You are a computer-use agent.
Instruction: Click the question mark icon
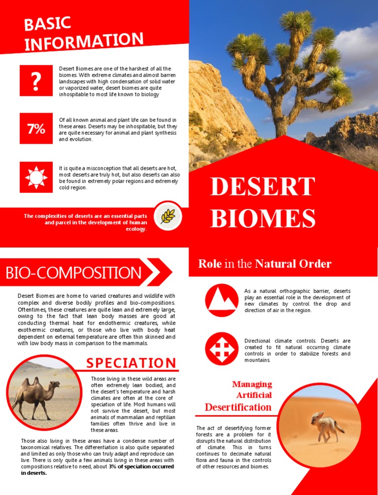(36, 81)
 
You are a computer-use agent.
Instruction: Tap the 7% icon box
(36, 129)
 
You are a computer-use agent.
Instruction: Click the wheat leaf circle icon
(167, 216)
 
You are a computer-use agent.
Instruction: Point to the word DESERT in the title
(262, 187)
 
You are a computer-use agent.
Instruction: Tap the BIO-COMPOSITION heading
(73, 273)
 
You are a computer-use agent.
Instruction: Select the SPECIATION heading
(131, 363)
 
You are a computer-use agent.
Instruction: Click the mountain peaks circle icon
(221, 300)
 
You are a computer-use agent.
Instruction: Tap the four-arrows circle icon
(221, 348)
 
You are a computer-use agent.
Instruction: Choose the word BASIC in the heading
(48, 26)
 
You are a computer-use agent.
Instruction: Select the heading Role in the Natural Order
(264, 264)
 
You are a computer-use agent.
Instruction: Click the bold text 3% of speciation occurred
(141, 466)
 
